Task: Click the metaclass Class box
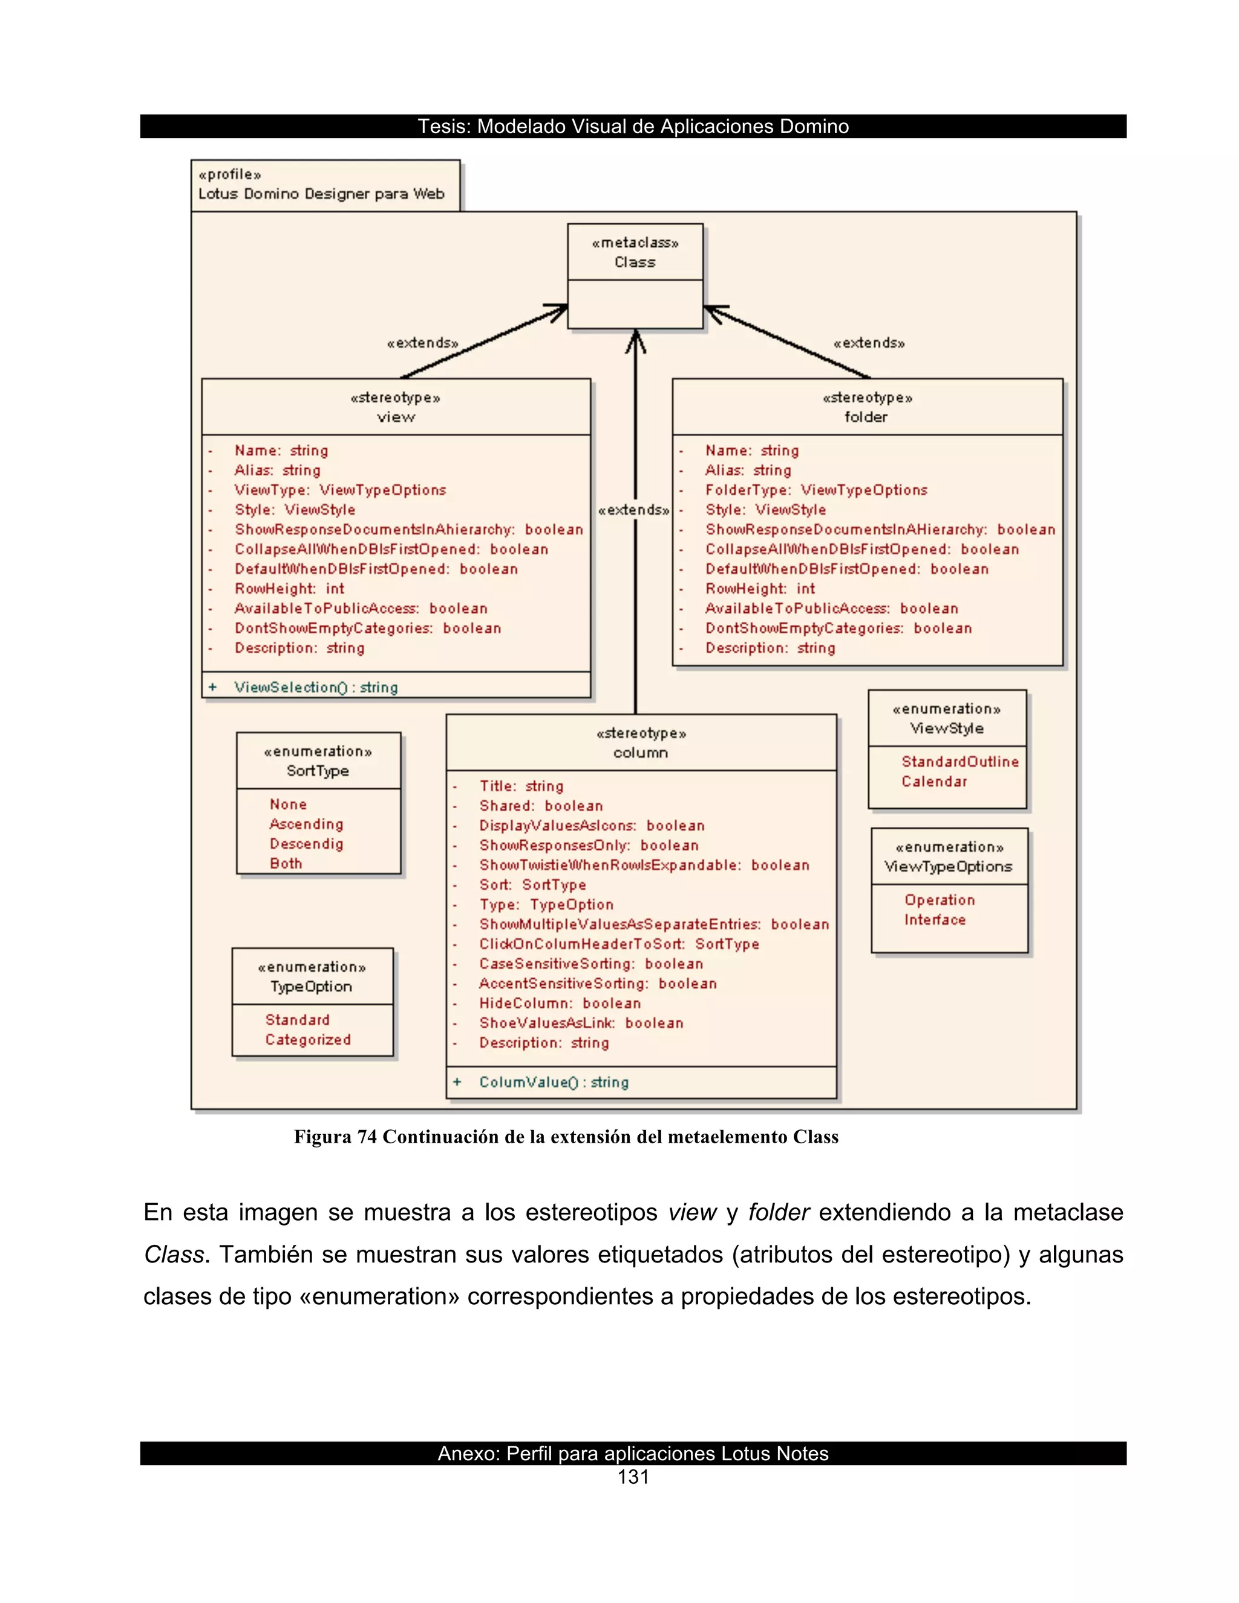point(635,275)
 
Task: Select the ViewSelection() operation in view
point(316,687)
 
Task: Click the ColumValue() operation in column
point(554,1082)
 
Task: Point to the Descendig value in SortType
point(306,843)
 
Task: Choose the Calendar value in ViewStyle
point(933,781)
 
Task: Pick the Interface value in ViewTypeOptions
point(934,919)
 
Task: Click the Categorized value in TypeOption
point(307,1039)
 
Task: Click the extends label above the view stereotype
point(423,343)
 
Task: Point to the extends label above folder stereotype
point(869,343)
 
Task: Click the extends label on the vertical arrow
point(633,509)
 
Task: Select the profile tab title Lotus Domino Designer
point(321,194)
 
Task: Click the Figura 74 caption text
point(565,1137)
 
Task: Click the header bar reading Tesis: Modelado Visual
point(633,126)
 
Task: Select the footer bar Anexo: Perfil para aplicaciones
point(633,1453)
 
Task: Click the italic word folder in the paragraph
point(778,1212)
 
